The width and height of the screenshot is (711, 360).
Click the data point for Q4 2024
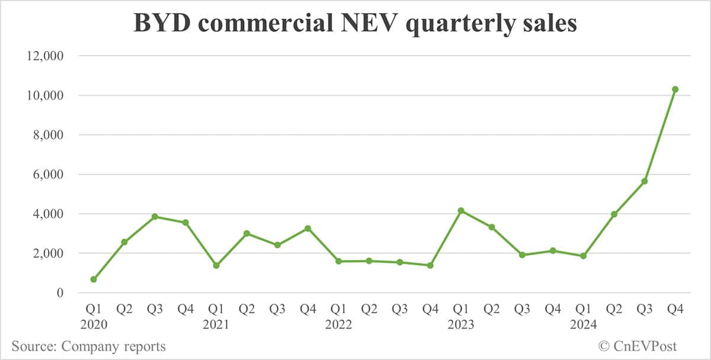click(x=675, y=89)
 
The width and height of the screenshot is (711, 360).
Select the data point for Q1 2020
click(x=94, y=279)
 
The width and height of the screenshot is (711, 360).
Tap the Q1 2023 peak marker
click(x=461, y=211)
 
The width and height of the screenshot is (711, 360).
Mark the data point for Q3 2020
click(x=155, y=217)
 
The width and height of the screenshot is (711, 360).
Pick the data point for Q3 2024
click(x=645, y=181)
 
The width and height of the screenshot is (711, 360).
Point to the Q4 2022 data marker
click(x=430, y=265)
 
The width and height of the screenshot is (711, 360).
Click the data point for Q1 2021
click(x=216, y=265)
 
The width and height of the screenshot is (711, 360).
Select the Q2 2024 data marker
click(x=614, y=214)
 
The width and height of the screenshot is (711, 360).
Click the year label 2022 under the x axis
click(x=338, y=324)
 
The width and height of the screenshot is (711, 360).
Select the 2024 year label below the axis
click(x=583, y=324)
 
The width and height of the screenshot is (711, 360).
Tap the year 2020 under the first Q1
click(x=94, y=324)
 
